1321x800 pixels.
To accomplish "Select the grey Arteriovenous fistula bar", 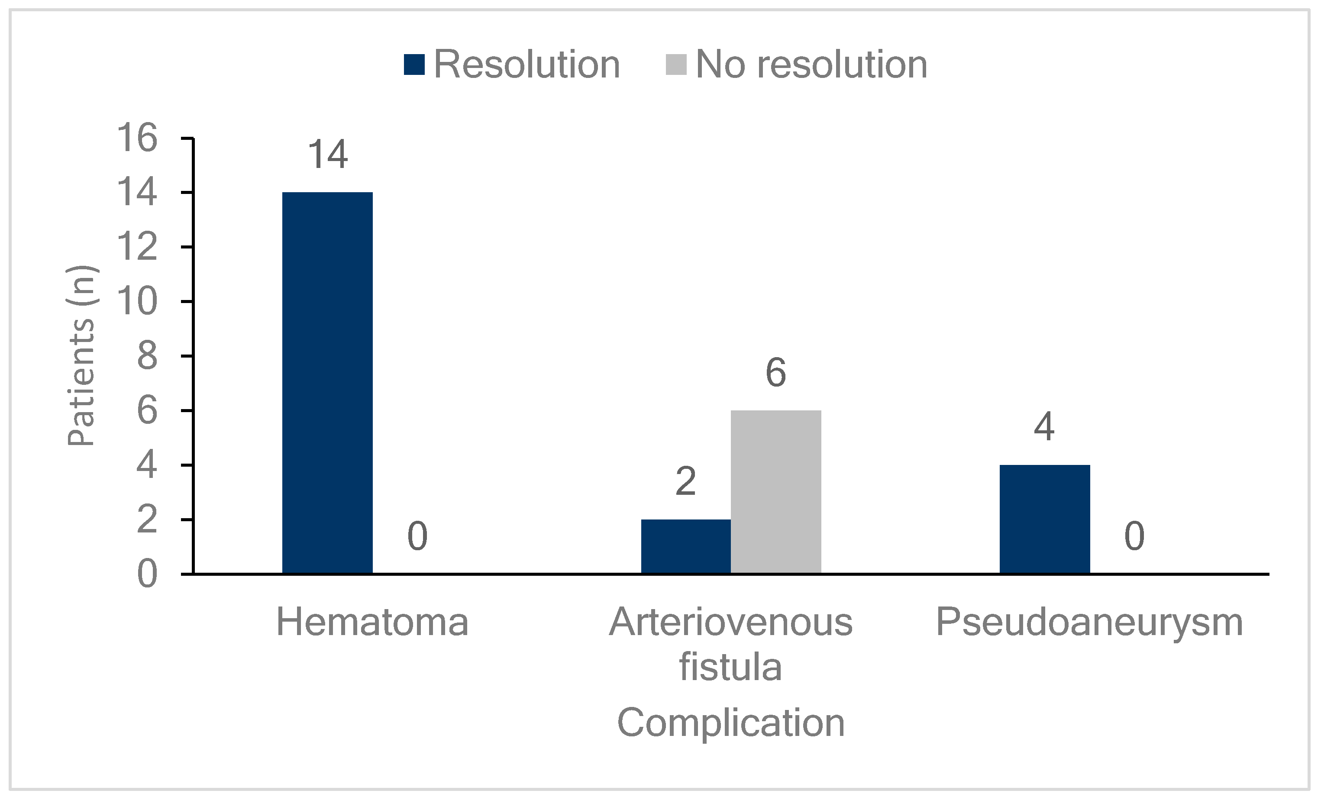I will pos(776,492).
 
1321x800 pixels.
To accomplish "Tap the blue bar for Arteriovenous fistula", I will pos(686,546).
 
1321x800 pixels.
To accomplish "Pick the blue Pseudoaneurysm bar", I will pos(1044,519).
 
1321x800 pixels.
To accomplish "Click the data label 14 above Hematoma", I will pos(328,155).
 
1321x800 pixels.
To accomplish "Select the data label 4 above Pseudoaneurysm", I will pos(1044,427).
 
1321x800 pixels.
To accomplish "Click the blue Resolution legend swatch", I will pos(414,65).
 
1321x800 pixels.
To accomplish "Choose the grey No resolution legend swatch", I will pos(676,65).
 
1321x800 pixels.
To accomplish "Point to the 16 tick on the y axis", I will pos(137,138).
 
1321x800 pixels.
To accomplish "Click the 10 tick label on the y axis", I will pos(137,301).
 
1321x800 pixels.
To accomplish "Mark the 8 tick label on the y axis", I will pos(147,356).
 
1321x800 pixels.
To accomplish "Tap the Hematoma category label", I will pos(372,623).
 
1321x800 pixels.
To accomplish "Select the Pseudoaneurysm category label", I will pos(1089,623).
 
